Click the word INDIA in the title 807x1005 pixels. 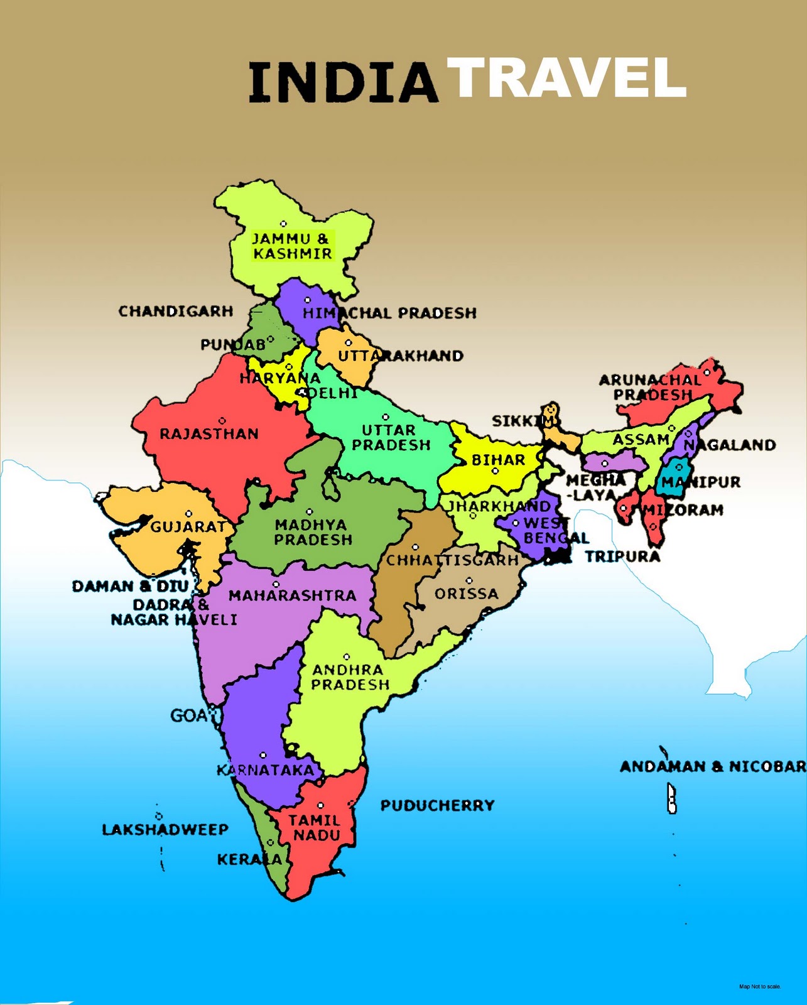(x=343, y=82)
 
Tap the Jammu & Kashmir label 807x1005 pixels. (x=292, y=246)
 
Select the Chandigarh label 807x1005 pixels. (x=176, y=312)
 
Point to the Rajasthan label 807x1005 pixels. (x=209, y=434)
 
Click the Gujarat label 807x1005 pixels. (x=188, y=527)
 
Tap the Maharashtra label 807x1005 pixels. (x=292, y=595)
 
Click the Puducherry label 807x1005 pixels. (x=438, y=805)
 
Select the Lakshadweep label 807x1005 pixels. (x=165, y=830)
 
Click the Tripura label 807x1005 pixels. (x=622, y=557)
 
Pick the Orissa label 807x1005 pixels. (x=466, y=594)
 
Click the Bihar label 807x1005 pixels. (x=498, y=460)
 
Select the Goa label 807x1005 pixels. (x=188, y=715)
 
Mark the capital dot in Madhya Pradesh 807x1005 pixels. (x=310, y=512)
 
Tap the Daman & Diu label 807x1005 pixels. (x=131, y=587)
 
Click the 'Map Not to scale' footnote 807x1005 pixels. (x=760, y=987)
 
